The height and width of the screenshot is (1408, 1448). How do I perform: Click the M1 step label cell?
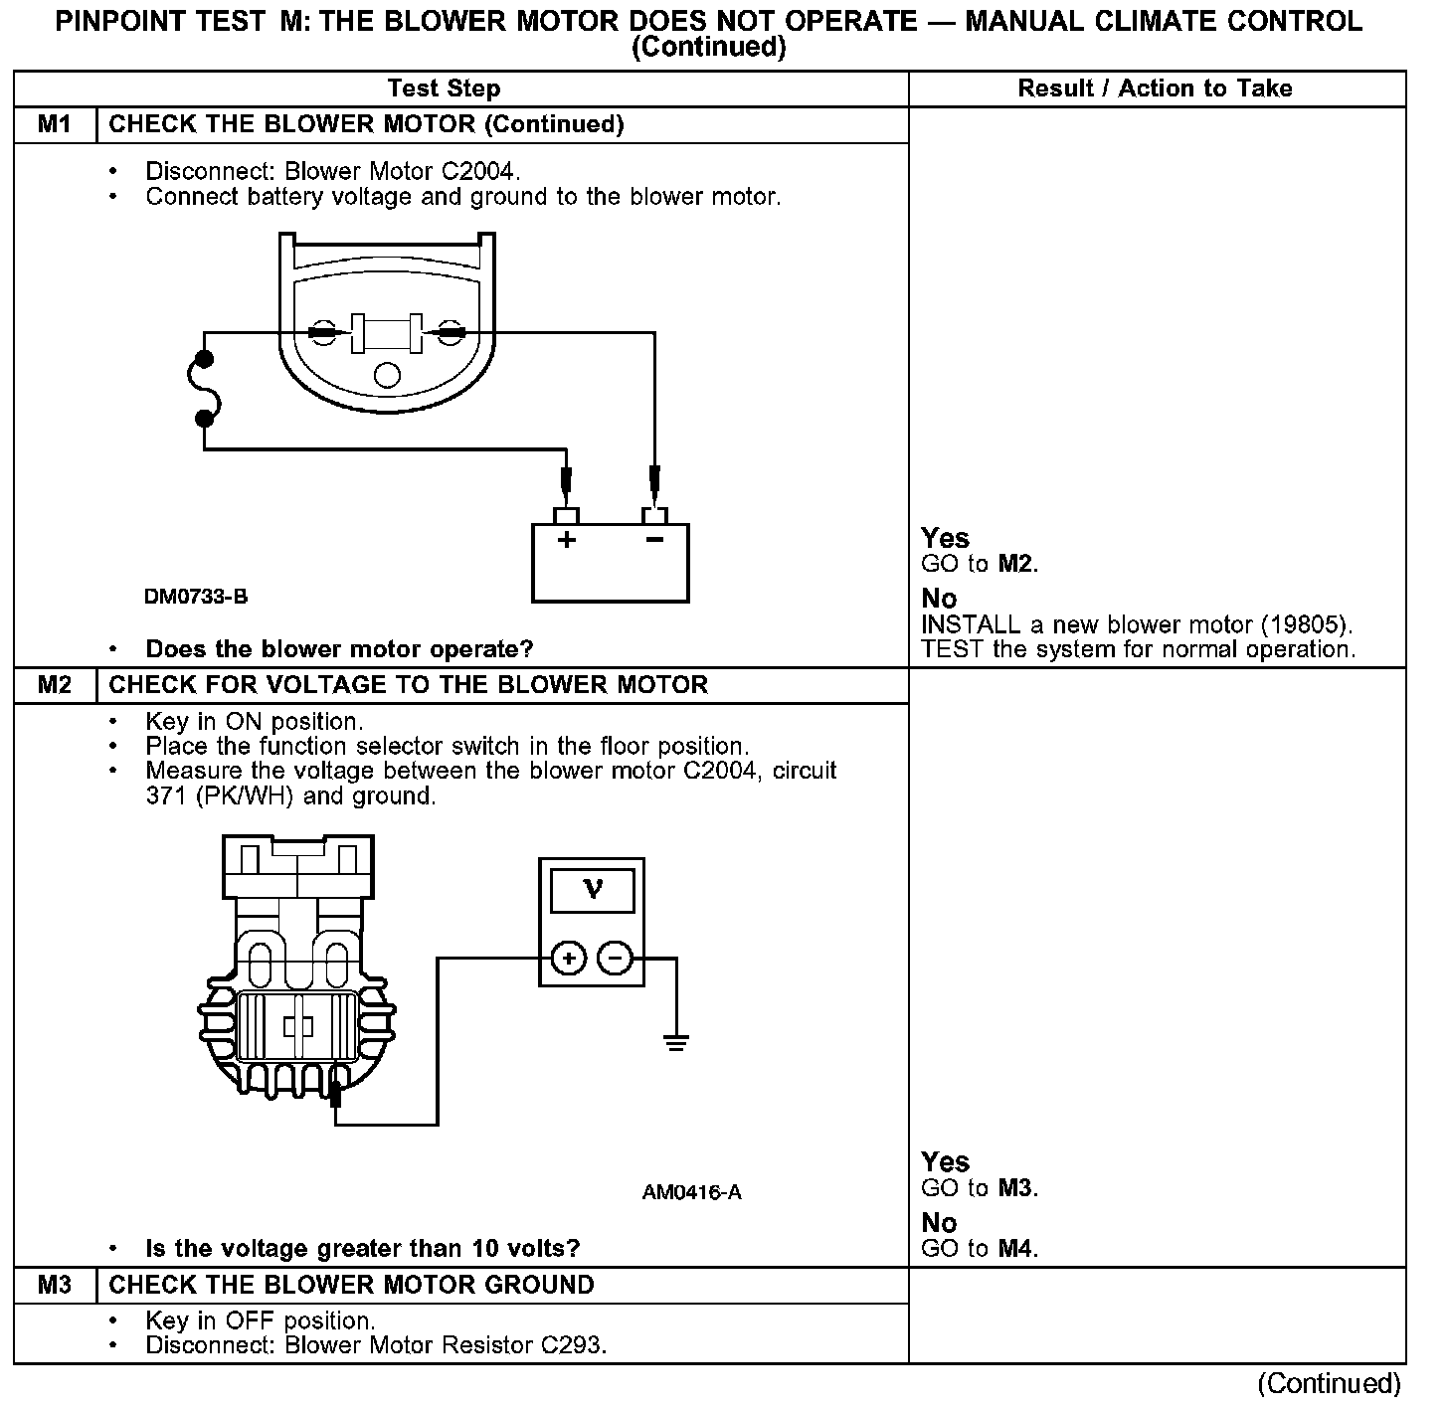(55, 124)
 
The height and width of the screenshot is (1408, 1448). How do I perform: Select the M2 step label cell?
(55, 685)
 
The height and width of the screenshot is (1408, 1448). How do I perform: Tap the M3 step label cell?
(55, 1285)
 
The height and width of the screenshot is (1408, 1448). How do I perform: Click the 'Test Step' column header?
(444, 88)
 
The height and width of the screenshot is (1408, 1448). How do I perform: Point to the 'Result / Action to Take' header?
(1155, 88)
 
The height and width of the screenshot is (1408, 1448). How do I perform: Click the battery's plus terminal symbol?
(566, 541)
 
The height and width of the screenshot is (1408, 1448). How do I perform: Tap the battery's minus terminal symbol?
(654, 541)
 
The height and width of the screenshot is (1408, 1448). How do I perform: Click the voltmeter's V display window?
(592, 889)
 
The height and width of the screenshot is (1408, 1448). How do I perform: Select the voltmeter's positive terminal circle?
(568, 959)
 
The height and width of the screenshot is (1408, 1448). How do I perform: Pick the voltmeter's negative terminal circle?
(615, 959)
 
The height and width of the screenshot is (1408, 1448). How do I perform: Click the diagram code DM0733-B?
(196, 597)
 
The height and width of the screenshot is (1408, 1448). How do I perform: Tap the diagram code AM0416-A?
(691, 1192)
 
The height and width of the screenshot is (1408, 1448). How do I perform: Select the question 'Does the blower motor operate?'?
(339, 649)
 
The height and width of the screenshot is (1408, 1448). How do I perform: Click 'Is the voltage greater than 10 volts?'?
(363, 1249)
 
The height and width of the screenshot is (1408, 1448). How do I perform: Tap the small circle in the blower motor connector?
(387, 375)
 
